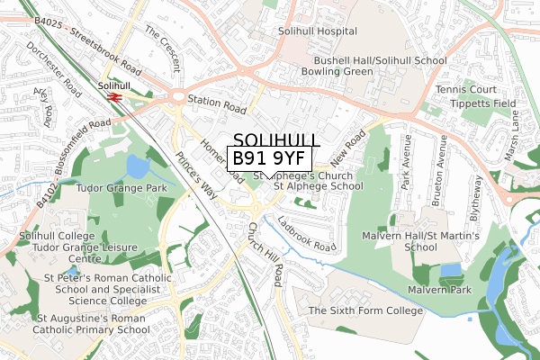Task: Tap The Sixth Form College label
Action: [x=365, y=310]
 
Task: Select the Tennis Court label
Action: [x=466, y=90]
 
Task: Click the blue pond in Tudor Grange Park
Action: [x=139, y=167]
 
